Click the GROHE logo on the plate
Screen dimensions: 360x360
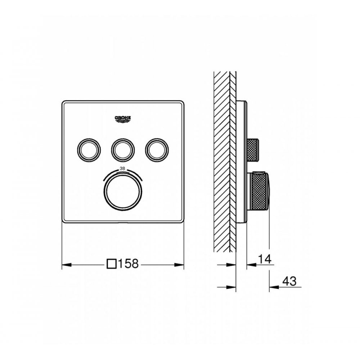point(123,119)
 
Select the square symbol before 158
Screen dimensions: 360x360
point(112,264)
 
